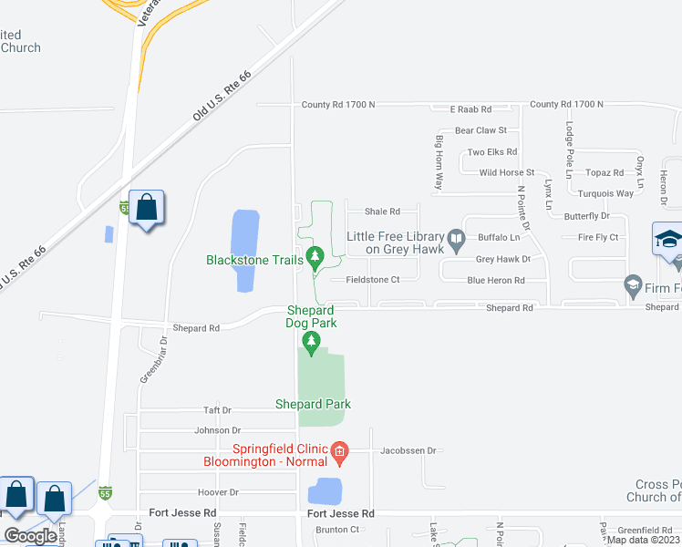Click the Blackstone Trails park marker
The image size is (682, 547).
tap(315, 258)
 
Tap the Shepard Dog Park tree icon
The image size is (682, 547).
tap(312, 343)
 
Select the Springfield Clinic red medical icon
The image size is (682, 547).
tap(339, 450)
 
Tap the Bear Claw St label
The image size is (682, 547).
tap(480, 130)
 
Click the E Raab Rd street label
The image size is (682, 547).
tap(470, 108)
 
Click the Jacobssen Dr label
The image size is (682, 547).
tap(409, 450)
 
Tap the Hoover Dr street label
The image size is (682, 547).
tap(218, 492)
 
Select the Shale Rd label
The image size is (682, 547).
tap(382, 212)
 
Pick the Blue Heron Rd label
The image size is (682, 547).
tap(494, 281)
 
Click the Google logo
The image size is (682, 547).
tap(30, 536)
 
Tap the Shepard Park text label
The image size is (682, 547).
tap(313, 404)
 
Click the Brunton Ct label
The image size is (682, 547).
tap(337, 530)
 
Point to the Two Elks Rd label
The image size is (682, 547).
tap(491, 152)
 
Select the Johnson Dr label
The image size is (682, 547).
tap(217, 430)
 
